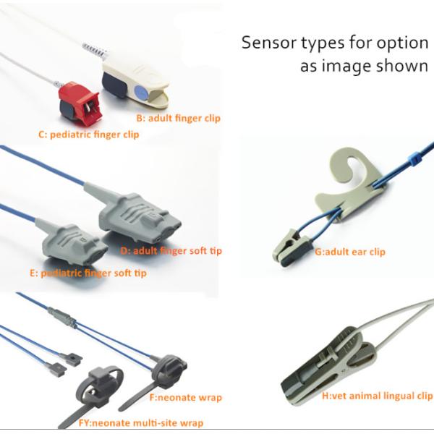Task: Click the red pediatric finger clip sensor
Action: point(78,103)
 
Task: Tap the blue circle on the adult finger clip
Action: point(142,92)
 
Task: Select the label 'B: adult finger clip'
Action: point(178,118)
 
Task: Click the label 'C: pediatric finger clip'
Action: point(88,135)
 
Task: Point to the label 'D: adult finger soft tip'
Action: point(171,251)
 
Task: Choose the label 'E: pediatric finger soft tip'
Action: point(88,273)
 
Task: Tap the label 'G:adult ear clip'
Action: point(350,252)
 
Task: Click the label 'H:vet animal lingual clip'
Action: point(377,396)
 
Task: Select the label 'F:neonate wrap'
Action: point(186,398)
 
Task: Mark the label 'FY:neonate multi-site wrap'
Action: point(141,423)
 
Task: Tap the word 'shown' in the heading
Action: point(401,66)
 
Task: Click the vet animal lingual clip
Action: point(328,365)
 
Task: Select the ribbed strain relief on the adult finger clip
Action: point(95,51)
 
